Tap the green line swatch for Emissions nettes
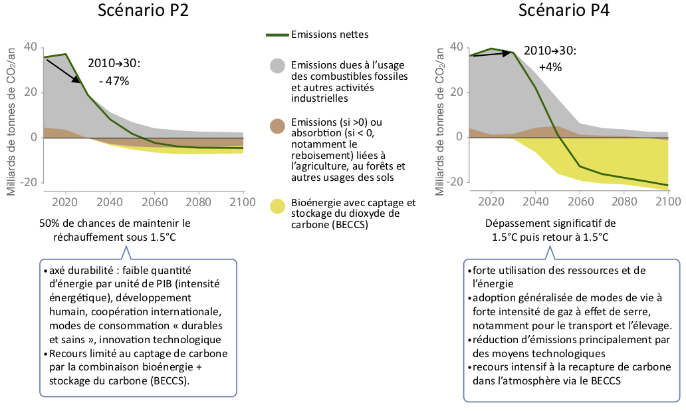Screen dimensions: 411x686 point(277,35)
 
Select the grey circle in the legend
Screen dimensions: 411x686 point(277,66)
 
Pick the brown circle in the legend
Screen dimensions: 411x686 point(277,126)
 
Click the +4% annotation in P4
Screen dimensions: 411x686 point(550,67)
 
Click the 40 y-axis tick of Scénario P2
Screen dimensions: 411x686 point(31,47)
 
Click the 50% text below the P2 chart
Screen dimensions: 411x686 point(51,223)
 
